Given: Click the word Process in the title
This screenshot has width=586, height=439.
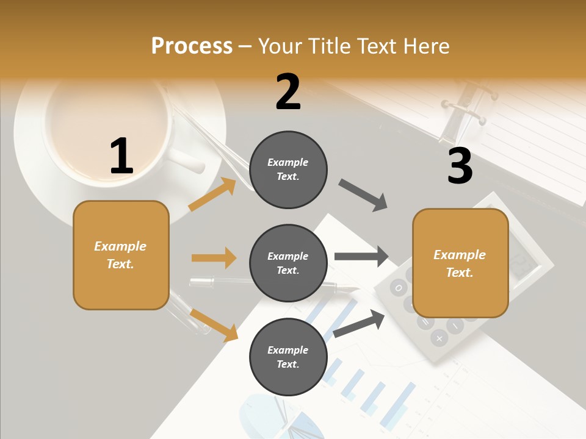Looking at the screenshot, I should pos(192,46).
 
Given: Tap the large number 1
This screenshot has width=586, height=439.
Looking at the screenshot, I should pos(121,156).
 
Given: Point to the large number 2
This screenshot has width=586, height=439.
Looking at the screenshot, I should pos(288,92).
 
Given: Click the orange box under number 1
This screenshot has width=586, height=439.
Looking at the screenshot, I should pos(121,255).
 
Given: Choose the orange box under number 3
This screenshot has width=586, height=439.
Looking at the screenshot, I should pos(460,263).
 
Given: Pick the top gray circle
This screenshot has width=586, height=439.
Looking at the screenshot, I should pos(288,170).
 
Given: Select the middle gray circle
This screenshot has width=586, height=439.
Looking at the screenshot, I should pos(288,263).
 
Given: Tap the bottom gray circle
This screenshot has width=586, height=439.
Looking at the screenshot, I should pos(288,357).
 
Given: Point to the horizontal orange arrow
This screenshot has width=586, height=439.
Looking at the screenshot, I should pos(214,258).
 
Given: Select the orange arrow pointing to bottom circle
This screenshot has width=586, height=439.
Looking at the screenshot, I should pos(214,324).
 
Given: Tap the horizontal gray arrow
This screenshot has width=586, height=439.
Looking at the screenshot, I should pos(361,256).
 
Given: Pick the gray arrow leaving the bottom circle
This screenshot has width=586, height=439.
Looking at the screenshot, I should pos(360,323).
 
